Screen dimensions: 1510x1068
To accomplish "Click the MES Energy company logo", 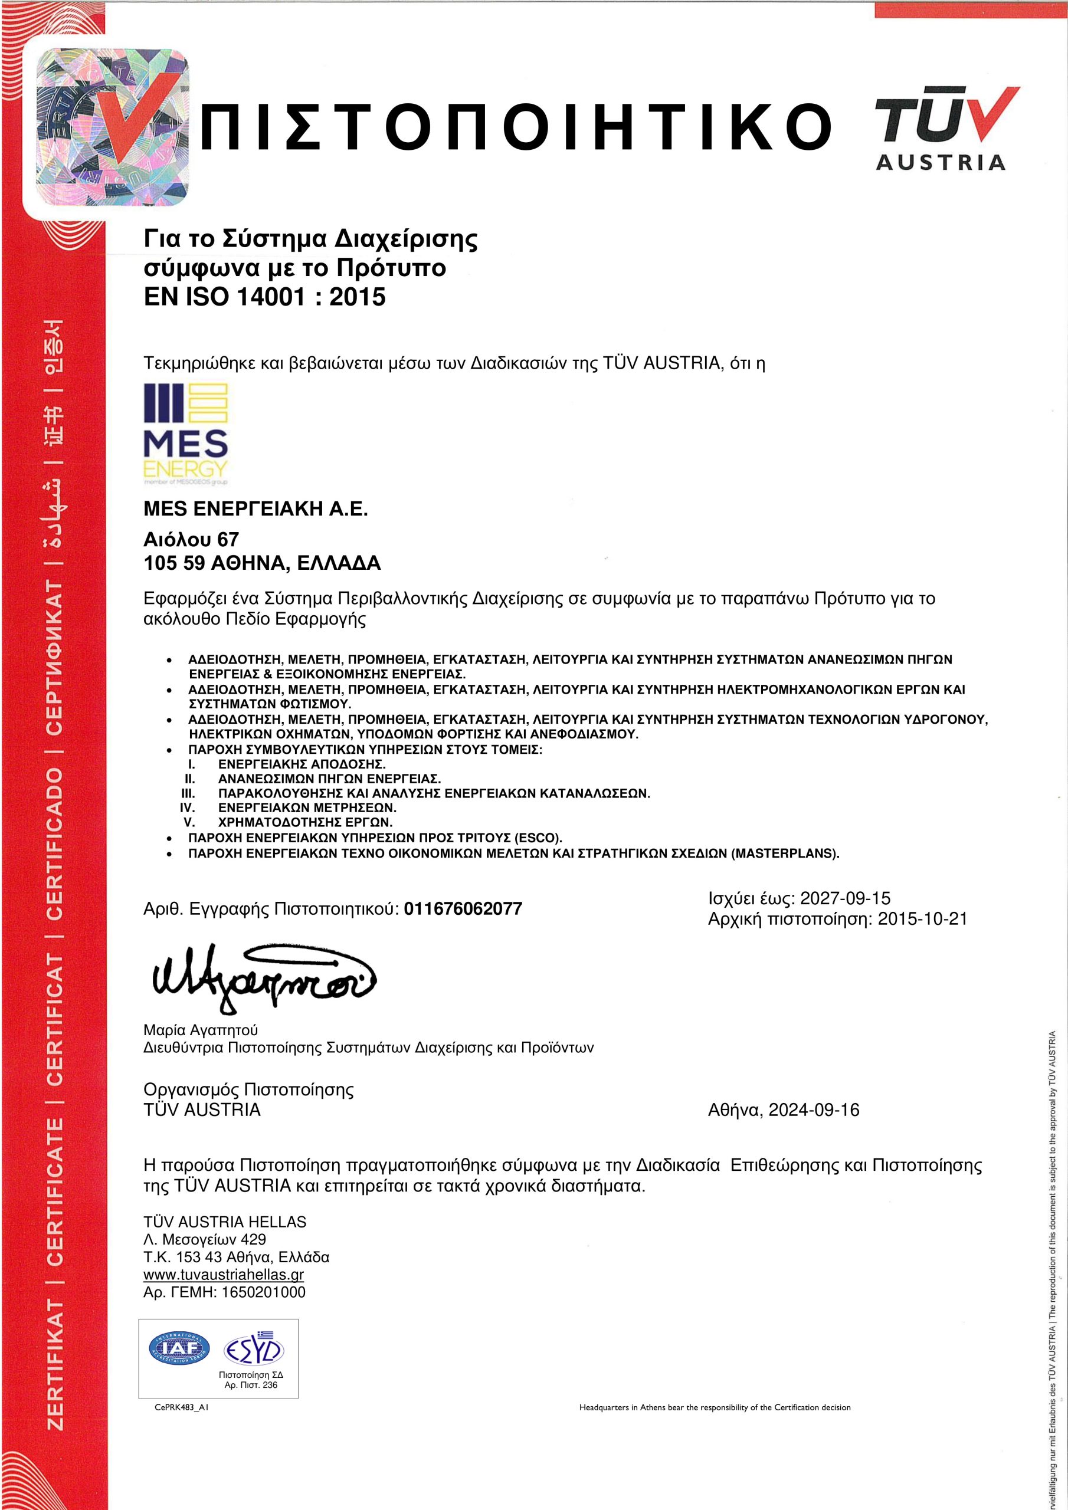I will [185, 434].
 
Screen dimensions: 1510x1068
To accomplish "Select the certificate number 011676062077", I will [463, 909].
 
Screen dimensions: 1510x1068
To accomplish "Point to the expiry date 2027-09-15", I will [845, 898].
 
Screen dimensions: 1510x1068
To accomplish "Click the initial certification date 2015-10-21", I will [923, 919].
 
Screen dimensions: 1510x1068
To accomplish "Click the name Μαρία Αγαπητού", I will [201, 1030].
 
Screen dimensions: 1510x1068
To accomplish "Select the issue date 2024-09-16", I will [814, 1110].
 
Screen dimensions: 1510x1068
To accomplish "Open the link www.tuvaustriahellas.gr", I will [224, 1275].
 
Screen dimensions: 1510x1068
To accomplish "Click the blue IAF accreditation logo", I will [179, 1348].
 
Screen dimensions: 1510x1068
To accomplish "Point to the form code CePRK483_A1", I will [181, 1408].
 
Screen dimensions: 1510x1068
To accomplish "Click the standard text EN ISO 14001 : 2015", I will [264, 297].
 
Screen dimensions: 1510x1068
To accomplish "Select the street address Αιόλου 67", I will [191, 539].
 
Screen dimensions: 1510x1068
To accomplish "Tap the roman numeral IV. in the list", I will [187, 807].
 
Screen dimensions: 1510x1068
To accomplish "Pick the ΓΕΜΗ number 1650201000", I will [264, 1292].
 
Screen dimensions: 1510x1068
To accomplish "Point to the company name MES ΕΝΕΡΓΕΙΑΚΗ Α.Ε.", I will [255, 509].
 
